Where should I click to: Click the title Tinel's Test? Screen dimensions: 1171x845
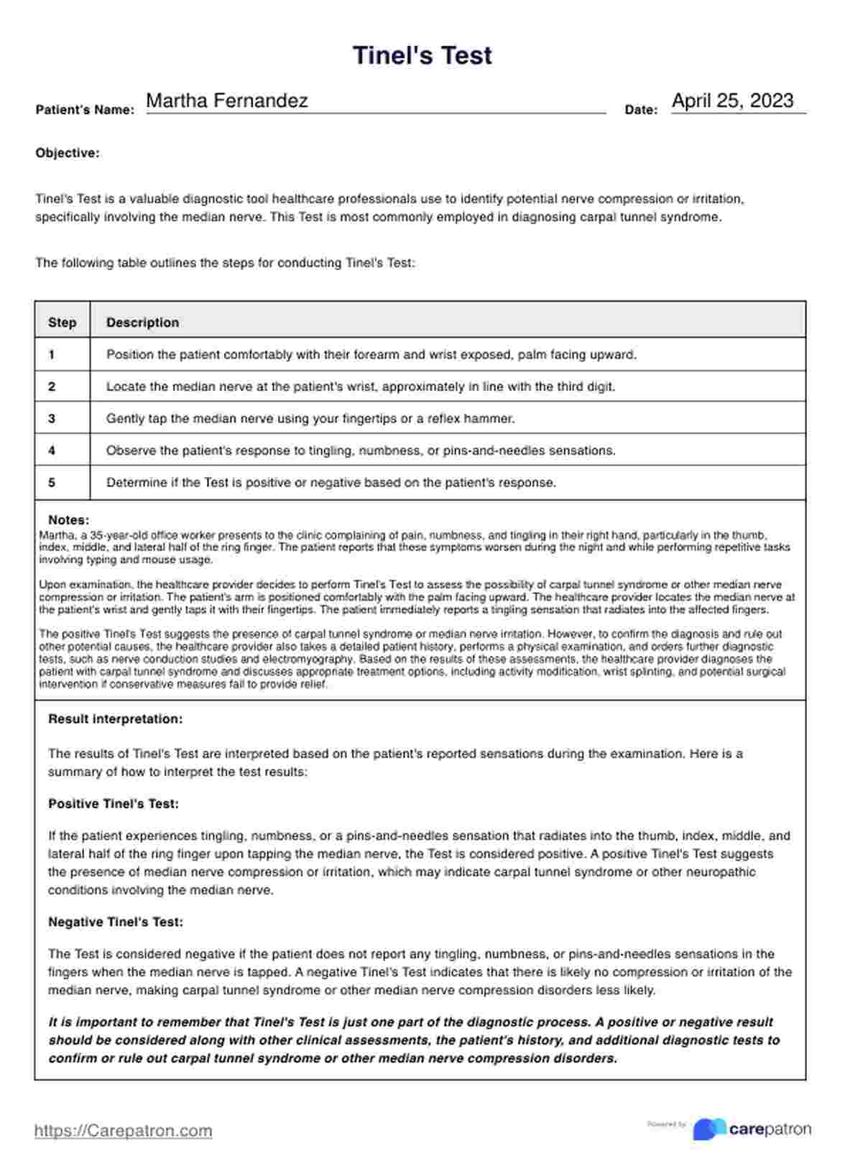coord(422,55)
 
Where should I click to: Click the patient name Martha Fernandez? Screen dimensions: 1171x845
coord(226,101)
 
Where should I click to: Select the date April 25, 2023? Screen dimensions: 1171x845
coord(732,101)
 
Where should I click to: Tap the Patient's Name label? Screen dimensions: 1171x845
coord(85,110)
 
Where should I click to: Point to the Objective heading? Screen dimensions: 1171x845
coord(68,153)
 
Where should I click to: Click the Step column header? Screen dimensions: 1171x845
coord(62,323)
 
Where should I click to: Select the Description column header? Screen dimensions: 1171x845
coord(142,323)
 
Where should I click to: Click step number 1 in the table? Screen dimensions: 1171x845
coord(52,354)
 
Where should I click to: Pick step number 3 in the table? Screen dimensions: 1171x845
coord(52,418)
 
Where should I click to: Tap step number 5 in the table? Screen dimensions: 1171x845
coord(52,483)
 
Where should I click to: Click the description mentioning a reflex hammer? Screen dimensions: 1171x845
coord(310,418)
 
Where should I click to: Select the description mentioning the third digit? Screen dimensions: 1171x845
coord(361,387)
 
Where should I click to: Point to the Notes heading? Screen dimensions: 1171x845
coord(68,520)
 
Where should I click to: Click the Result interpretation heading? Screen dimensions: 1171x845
coord(115,719)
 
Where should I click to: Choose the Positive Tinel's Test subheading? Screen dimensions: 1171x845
coord(113,804)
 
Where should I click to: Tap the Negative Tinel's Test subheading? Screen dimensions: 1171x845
coord(115,922)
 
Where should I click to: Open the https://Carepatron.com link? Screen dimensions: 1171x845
coord(123,1131)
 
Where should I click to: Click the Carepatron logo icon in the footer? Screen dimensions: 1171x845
coord(708,1129)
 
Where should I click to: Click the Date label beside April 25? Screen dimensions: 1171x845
coord(641,110)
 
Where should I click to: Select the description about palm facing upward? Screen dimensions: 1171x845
coord(371,354)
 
